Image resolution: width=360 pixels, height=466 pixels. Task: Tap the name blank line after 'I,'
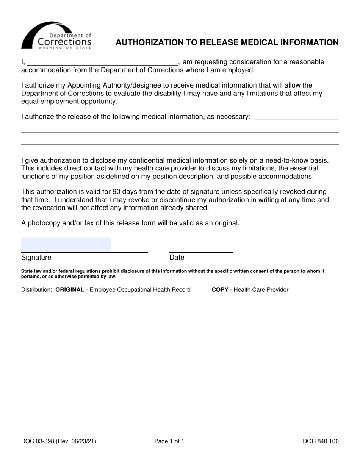click(102, 62)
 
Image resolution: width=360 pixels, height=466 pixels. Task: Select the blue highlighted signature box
click(66, 244)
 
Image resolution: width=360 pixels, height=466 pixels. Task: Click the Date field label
click(177, 258)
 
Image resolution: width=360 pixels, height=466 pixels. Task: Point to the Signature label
click(36, 258)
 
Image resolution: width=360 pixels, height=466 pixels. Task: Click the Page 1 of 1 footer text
click(169, 441)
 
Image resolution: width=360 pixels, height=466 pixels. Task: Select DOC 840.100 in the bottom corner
click(321, 441)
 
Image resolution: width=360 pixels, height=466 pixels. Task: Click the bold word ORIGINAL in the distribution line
click(69, 290)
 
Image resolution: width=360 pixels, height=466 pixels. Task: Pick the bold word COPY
click(220, 290)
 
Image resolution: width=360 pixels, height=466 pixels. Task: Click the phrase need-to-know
click(283, 160)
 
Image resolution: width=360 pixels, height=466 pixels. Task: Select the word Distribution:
click(37, 290)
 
